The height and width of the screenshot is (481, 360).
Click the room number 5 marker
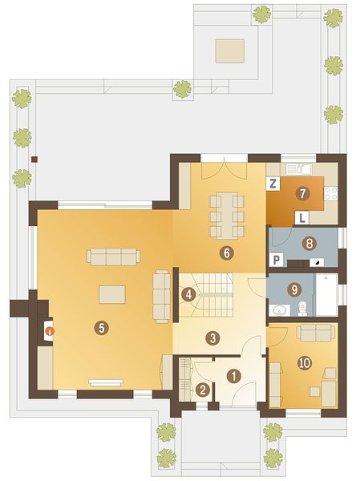tap(102, 328)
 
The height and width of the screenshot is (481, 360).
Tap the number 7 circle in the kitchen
tap(302, 194)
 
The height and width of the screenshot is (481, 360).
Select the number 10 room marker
tap(305, 363)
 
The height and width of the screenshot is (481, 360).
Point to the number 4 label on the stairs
tap(188, 295)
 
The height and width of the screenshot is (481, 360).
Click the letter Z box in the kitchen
tap(273, 184)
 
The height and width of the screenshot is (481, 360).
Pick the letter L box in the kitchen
tap(302, 218)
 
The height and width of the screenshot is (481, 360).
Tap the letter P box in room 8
tap(277, 261)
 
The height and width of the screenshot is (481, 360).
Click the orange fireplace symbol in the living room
tap(49, 331)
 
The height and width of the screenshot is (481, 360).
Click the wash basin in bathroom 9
tap(280, 310)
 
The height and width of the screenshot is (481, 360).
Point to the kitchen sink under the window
tap(299, 168)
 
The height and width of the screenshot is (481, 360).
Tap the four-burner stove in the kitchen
tap(331, 194)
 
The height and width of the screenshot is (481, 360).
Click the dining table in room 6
tap(227, 216)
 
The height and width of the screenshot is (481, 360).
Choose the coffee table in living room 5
tap(112, 294)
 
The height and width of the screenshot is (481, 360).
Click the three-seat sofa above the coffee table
tap(114, 257)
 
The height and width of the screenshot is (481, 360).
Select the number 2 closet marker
tap(203, 390)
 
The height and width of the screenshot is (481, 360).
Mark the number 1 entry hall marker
tap(234, 376)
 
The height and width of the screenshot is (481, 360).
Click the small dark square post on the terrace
tap(34, 160)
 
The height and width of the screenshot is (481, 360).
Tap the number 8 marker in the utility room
tap(309, 244)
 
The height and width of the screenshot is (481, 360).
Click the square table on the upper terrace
tap(230, 51)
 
